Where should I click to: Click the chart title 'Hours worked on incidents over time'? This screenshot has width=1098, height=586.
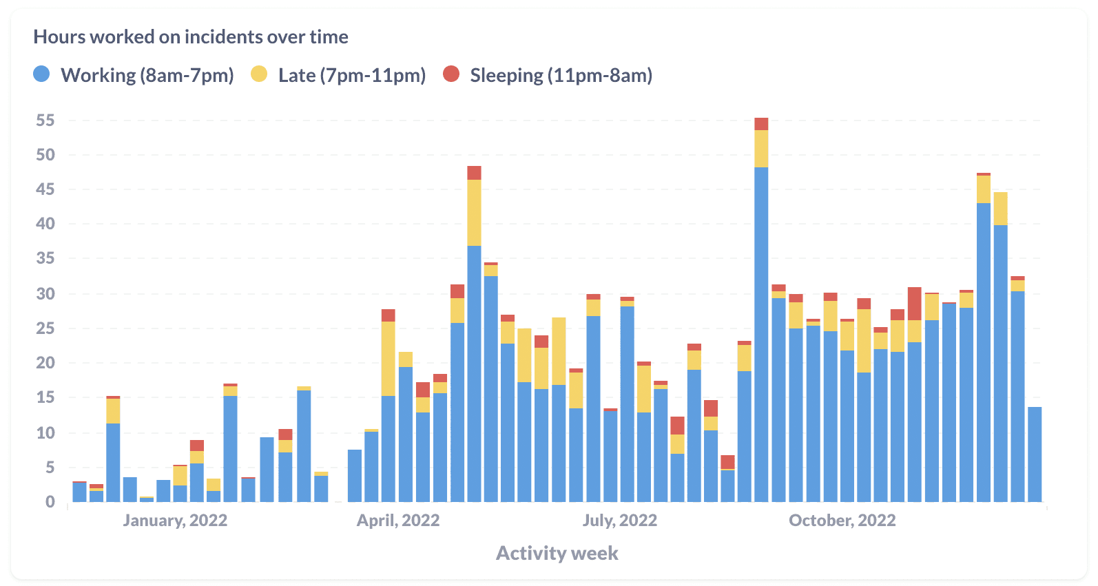(x=191, y=37)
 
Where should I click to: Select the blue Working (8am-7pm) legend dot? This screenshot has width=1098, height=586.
(x=42, y=74)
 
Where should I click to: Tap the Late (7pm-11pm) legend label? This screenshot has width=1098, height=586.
(x=352, y=75)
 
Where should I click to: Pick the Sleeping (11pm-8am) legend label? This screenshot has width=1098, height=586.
(x=561, y=75)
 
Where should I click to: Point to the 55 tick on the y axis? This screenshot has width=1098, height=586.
(x=45, y=121)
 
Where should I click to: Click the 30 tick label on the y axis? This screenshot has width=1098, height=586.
(x=45, y=294)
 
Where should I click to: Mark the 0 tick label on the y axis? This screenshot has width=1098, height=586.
(x=50, y=502)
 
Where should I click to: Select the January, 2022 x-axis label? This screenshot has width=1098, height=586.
(x=175, y=521)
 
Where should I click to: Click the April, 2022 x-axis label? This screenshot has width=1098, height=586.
(x=398, y=521)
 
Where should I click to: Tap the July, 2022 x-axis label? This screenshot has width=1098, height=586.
(x=620, y=521)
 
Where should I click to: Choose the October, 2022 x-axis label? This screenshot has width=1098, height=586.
(x=842, y=521)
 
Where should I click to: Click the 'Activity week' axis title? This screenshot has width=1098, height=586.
(x=557, y=554)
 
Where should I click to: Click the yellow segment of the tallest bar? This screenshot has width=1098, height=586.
(x=761, y=149)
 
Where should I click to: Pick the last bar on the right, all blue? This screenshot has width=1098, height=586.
(x=1035, y=454)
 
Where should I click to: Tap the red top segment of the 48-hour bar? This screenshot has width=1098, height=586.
(x=474, y=173)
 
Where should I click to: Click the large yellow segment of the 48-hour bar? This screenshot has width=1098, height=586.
(x=474, y=213)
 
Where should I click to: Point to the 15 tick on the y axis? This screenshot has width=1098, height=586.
(x=45, y=397)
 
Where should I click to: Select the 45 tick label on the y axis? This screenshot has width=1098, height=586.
(x=45, y=189)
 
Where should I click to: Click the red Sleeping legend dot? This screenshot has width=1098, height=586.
(x=451, y=74)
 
